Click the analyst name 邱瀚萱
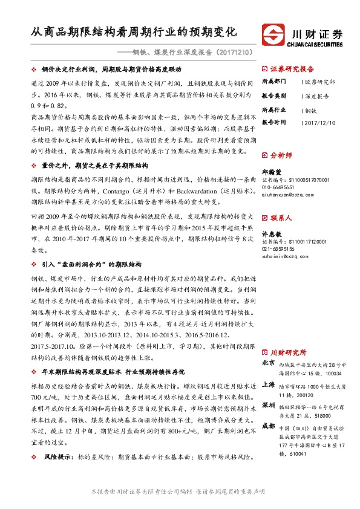[x=270, y=171]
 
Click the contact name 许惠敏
[x=270, y=233]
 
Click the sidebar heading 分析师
[x=281, y=155]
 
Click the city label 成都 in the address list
[x=269, y=426]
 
